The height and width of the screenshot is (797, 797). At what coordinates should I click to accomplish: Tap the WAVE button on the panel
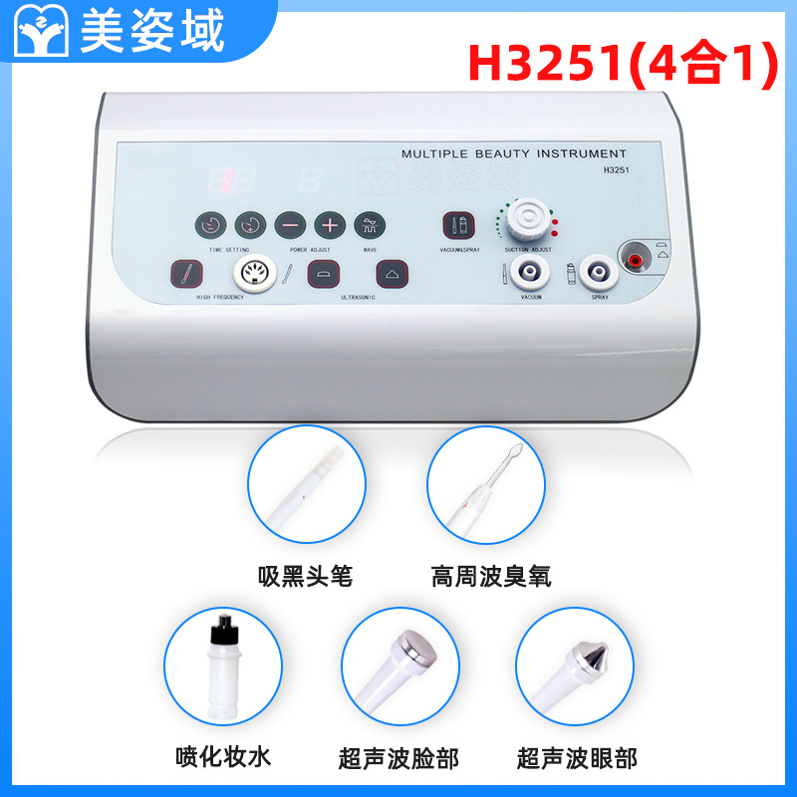tap(371, 224)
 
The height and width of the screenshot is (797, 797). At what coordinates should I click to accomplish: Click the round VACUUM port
tap(523, 270)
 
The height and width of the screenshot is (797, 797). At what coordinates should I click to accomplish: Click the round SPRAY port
tap(598, 270)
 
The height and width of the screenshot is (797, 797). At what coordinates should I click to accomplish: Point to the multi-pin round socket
tap(252, 271)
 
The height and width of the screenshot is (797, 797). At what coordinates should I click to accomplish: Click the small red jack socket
tap(633, 259)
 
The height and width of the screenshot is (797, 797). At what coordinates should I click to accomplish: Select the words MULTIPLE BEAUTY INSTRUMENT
tap(513, 154)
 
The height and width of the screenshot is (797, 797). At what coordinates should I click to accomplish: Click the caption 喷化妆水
tap(220, 758)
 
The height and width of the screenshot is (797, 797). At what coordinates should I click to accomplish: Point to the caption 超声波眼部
tap(576, 758)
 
